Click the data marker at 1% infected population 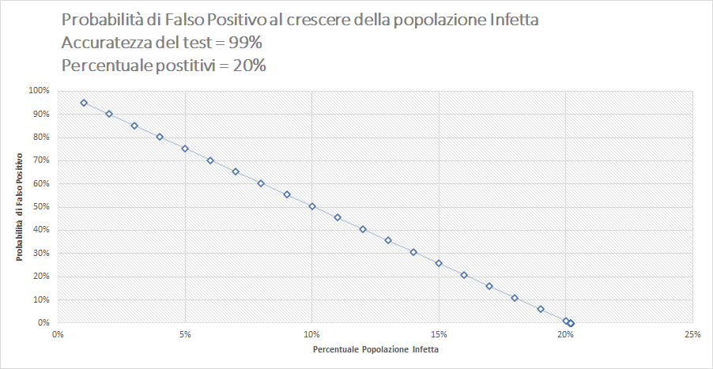(84, 103)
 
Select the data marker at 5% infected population (185, 149)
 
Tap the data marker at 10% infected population (312, 206)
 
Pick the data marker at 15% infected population (439, 263)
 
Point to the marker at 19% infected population (541, 309)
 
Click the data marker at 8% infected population (261, 183)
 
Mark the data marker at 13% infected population (388, 240)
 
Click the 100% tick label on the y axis (39, 91)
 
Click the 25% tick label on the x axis (692, 334)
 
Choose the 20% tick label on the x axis (565, 334)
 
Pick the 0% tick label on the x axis (58, 334)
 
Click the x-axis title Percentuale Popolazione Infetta (375, 349)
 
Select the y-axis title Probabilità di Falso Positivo (19, 207)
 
